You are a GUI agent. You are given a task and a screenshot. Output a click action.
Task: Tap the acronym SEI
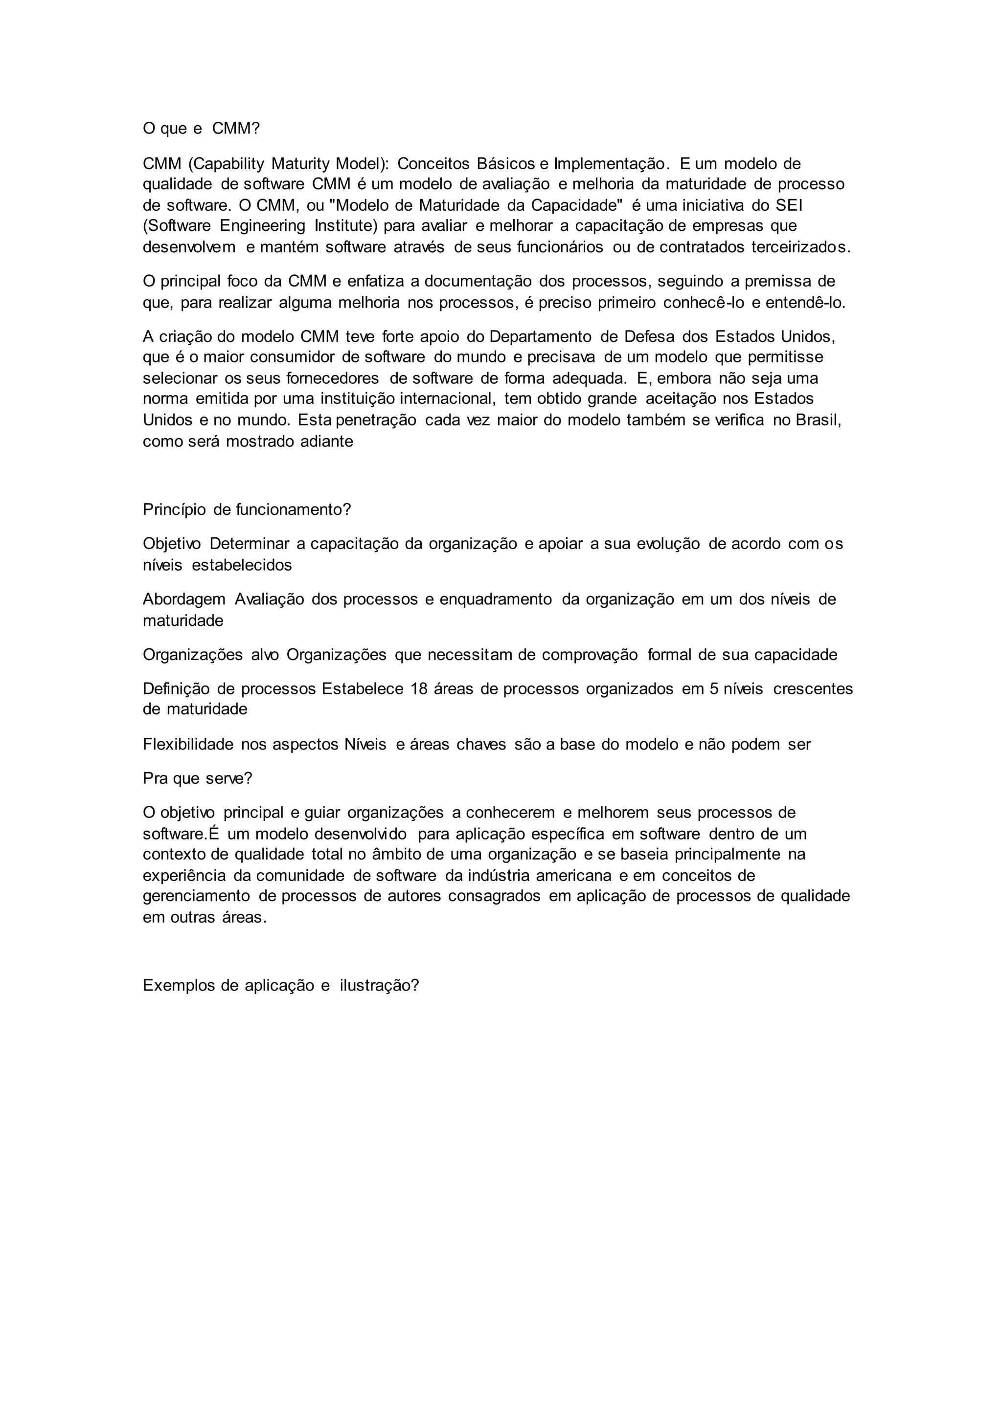789,205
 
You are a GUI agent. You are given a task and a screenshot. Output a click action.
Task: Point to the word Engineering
262,226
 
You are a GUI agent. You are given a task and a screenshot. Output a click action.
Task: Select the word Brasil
818,420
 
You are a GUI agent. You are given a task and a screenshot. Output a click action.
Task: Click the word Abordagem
184,599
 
